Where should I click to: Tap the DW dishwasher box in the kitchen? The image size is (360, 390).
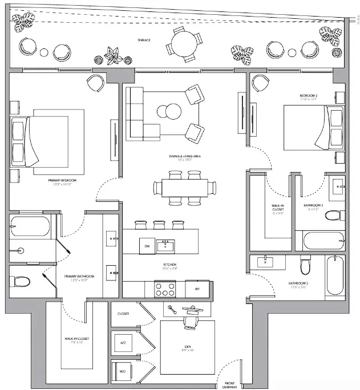coord(146,245)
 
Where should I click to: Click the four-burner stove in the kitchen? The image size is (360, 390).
coord(165,289)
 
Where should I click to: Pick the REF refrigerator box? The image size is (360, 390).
coord(197,289)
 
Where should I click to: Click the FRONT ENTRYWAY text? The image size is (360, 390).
coord(229,384)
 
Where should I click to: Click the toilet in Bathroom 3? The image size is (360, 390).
coord(306,265)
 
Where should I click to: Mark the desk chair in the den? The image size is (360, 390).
coord(189,323)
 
